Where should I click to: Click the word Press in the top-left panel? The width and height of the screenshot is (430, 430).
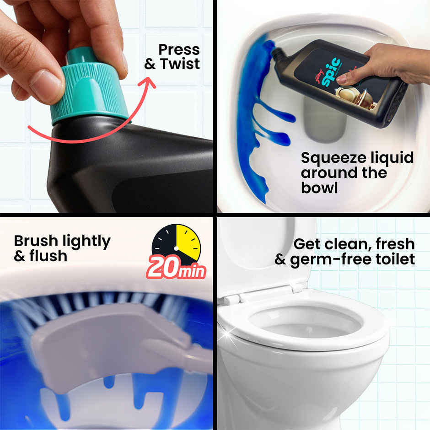179,49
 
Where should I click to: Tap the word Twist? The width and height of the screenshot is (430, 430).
179,64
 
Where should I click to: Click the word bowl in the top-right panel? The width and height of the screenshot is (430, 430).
319,187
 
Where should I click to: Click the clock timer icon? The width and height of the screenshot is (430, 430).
176,247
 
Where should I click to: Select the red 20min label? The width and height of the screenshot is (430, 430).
176,270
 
